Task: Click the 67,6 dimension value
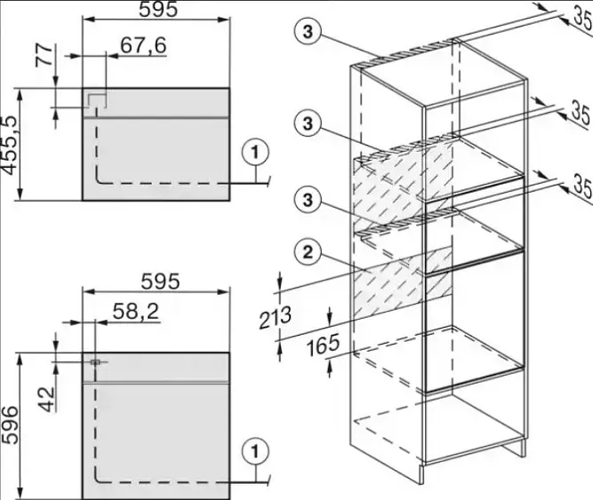pos(143,45)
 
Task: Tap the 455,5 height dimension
pos(10,146)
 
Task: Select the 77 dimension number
pos(44,56)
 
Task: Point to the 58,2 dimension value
pos(136,312)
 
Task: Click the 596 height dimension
pos(10,425)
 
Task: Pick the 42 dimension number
pos(47,400)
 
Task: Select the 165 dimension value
pos(323,345)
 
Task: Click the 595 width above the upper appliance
pos(158,10)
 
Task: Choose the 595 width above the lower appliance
pos(160,282)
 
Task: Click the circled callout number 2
pos(308,252)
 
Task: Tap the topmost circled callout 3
pos(308,32)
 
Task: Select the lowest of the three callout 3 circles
pos(308,199)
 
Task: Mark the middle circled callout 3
pos(308,123)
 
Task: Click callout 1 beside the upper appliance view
pos(255,153)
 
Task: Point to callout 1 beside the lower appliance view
pos(255,452)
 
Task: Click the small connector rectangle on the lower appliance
pos(95,361)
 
